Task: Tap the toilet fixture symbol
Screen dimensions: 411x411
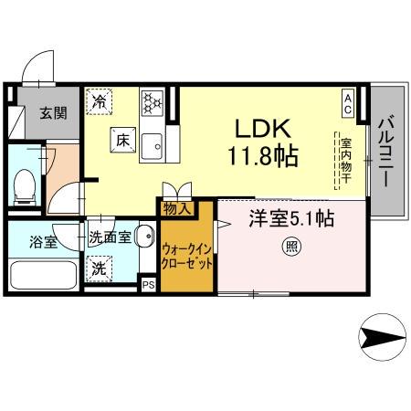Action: (x=26, y=186)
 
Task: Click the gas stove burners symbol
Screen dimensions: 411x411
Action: (x=151, y=100)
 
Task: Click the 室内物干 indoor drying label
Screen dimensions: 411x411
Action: (x=347, y=161)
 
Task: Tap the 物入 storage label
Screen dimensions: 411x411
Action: (x=176, y=208)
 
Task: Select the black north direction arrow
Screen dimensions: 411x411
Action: (x=382, y=340)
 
